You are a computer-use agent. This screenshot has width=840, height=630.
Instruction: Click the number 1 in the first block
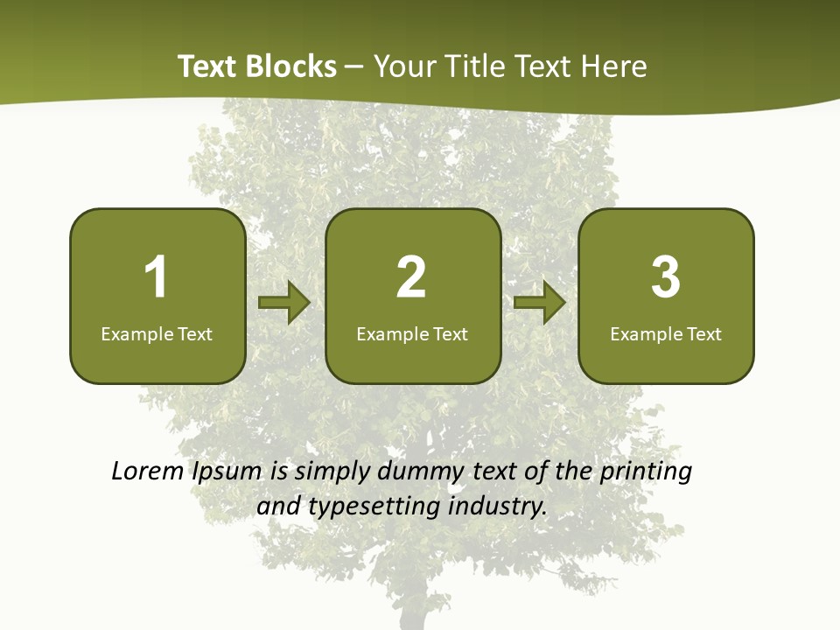pyautogui.click(x=156, y=277)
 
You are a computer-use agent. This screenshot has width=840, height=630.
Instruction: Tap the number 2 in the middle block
pyautogui.click(x=411, y=277)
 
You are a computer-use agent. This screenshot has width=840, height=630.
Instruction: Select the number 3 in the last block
pyautogui.click(x=666, y=277)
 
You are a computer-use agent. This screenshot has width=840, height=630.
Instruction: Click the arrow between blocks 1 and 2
pyautogui.click(x=284, y=303)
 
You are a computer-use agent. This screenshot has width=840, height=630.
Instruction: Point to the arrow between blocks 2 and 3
pyautogui.click(x=540, y=303)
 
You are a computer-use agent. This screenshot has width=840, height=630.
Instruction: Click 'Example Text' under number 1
pyautogui.click(x=157, y=333)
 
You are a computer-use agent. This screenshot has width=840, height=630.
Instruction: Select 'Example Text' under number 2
pyautogui.click(x=412, y=333)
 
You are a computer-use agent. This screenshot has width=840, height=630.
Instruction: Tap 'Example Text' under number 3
pyautogui.click(x=666, y=333)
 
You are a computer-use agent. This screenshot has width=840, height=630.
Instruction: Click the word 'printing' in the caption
pyautogui.click(x=645, y=472)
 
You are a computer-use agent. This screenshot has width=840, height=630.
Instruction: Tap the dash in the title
pyautogui.click(x=354, y=66)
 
